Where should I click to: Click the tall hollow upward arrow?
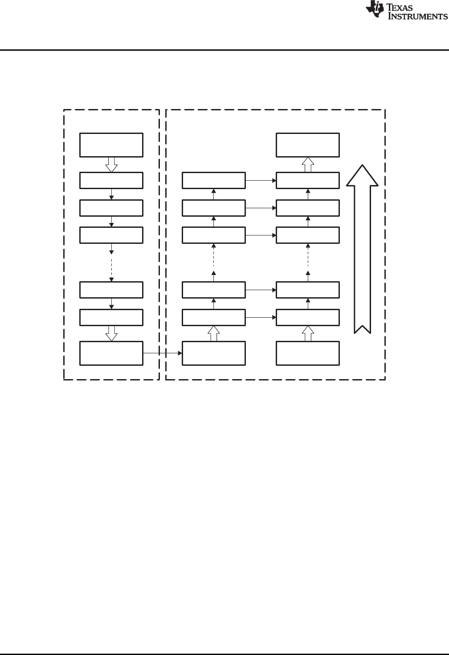[362, 249]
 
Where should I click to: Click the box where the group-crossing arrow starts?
[111, 353]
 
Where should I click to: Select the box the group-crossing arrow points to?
[214, 353]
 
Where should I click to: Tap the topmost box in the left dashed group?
[111, 145]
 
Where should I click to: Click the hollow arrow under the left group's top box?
[111, 165]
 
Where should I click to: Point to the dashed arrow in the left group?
[111, 263]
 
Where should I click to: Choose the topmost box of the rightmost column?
[307, 145]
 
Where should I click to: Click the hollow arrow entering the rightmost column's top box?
[307, 165]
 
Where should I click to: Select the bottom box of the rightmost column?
[307, 353]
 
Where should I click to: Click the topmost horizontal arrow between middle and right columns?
[261, 180]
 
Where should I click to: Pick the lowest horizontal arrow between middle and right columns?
[261, 317]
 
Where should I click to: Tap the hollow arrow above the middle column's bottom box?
[214, 333]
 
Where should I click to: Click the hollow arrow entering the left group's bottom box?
[111, 333]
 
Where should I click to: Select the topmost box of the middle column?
[214, 180]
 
